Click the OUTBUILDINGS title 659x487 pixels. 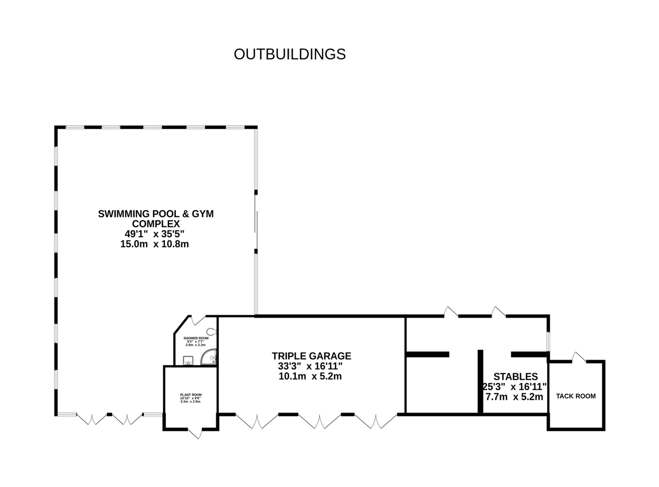290,54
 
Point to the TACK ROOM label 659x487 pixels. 576,396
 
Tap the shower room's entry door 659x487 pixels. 198,320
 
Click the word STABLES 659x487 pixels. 515,377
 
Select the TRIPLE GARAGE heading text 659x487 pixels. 311,356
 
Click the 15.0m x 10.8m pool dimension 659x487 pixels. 154,244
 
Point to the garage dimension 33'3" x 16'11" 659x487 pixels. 310,366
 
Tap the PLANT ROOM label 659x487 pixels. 191,395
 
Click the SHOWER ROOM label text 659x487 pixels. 196,338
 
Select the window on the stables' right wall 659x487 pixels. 548,342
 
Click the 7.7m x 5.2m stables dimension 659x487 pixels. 514,397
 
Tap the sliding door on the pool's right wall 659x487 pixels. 256,222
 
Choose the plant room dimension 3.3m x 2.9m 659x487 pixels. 190,402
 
